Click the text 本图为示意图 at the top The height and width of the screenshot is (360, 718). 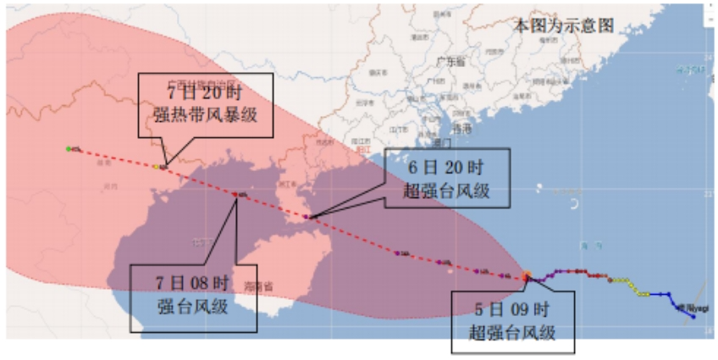coord(563,25)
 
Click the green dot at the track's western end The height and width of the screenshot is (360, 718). coord(69,149)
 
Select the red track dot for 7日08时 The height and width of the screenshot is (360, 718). coord(235,195)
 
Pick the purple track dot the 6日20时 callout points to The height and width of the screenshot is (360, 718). coord(308,218)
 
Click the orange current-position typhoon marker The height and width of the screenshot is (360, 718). coord(527,276)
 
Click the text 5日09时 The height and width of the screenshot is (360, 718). coord(513,308)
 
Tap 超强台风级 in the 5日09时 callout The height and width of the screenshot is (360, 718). coord(513,332)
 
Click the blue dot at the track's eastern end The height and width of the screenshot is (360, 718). coord(693,318)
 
